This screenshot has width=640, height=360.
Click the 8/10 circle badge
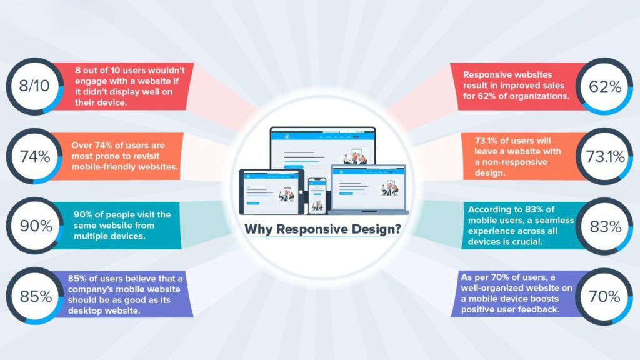coord(33,86)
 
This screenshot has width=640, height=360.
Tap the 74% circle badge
coord(33,156)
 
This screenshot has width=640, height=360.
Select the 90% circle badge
coord(33,226)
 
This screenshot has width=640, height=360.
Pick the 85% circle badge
coord(33,296)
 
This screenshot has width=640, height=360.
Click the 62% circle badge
coord(606,86)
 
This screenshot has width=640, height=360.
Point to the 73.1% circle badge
coord(606,156)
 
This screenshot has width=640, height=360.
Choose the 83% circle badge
coord(606,226)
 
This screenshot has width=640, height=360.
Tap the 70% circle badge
coord(606,296)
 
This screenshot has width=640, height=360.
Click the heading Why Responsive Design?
coord(322,229)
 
